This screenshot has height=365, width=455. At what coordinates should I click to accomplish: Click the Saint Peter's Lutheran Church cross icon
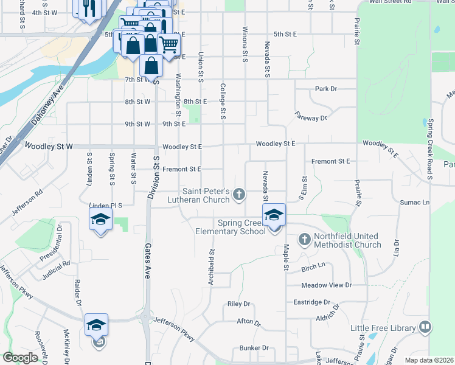pyautogui.click(x=239, y=195)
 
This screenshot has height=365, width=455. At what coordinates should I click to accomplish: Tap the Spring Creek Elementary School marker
pyautogui.click(x=274, y=215)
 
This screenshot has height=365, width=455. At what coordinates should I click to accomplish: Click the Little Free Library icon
pyautogui.click(x=425, y=328)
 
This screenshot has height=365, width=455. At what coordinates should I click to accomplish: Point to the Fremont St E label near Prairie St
pyautogui.click(x=331, y=161)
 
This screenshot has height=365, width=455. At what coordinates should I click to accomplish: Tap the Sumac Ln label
pyautogui.click(x=415, y=202)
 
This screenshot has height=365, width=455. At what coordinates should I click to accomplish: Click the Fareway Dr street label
pyautogui.click(x=310, y=116)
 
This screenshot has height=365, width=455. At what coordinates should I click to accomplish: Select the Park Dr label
pyautogui.click(x=326, y=89)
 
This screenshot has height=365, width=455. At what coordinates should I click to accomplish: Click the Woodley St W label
pyautogui.click(x=48, y=147)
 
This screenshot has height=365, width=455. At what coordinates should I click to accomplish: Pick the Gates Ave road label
pyautogui.click(x=147, y=262)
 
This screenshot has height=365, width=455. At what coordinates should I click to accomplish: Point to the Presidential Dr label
pyautogui.click(x=51, y=244)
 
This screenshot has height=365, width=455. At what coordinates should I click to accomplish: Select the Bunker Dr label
pyautogui.click(x=254, y=348)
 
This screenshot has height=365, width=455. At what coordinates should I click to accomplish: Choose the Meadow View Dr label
pyautogui.click(x=327, y=285)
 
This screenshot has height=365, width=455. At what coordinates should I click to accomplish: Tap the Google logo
pyautogui.click(x=20, y=358)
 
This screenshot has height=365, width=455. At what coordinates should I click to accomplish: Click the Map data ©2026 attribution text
pyautogui.click(x=428, y=360)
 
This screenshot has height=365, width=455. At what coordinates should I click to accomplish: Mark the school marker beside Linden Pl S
pyautogui.click(x=100, y=220)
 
